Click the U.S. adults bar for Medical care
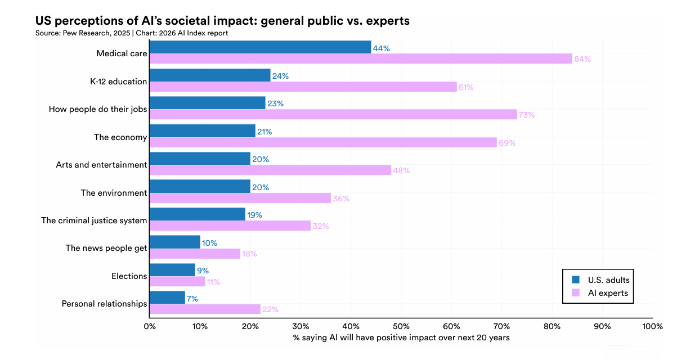(260, 47)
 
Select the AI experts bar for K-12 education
(303, 87)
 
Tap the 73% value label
(526, 115)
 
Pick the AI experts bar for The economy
(324, 142)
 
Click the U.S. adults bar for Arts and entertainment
(200, 159)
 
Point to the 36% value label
(341, 199)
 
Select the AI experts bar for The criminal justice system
(230, 226)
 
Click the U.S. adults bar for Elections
(172, 270)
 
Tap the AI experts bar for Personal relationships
(205, 309)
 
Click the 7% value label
(192, 299)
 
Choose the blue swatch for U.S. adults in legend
(575, 280)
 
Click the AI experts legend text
(608, 293)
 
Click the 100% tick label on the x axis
(652, 326)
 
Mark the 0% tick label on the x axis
(150, 326)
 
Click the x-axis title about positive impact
(401, 337)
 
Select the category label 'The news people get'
(106, 248)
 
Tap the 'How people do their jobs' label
(98, 109)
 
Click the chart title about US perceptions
(222, 21)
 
